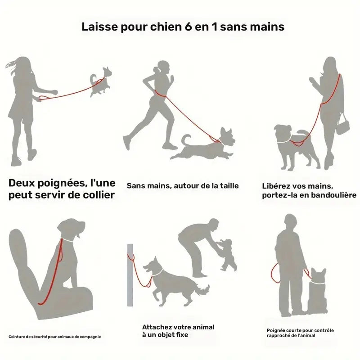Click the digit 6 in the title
point(188,27)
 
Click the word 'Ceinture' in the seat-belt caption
point(16,337)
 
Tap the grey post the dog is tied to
point(130,275)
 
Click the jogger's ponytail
point(157,70)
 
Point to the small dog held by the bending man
point(228,254)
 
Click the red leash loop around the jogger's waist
point(160,94)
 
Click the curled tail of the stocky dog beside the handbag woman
point(304,134)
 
